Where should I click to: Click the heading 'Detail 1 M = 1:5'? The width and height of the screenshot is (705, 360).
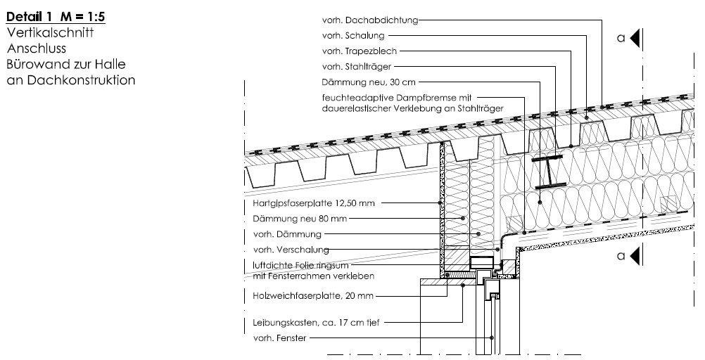(x=56, y=17)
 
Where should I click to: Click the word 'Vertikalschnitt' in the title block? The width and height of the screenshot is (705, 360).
(x=50, y=33)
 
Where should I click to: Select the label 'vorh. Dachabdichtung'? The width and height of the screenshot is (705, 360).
(x=370, y=20)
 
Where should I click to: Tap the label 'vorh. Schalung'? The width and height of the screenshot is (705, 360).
(x=353, y=35)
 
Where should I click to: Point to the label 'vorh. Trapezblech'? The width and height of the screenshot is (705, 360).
(x=360, y=51)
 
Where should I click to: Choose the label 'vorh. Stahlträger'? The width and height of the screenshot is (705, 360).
(x=357, y=67)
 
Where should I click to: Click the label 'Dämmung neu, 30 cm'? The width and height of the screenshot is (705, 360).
(x=369, y=82)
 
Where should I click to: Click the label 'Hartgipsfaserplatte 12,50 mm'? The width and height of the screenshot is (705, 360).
(x=313, y=203)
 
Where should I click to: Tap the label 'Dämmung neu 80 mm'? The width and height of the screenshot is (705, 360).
(x=300, y=219)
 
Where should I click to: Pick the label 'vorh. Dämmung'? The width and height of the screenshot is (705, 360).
(x=287, y=234)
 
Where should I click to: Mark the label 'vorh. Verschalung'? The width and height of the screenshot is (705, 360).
(x=291, y=250)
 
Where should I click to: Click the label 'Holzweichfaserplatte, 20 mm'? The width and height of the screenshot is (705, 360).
(x=313, y=296)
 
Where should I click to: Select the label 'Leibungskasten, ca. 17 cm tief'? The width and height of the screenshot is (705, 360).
(x=316, y=323)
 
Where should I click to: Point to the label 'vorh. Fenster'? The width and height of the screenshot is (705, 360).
(x=279, y=338)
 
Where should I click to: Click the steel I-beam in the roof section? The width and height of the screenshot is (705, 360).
(x=550, y=172)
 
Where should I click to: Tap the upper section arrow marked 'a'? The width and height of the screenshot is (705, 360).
(x=635, y=38)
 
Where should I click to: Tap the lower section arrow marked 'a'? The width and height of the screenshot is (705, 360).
(x=635, y=256)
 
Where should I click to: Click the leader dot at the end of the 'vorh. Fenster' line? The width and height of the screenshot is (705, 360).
(x=492, y=338)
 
